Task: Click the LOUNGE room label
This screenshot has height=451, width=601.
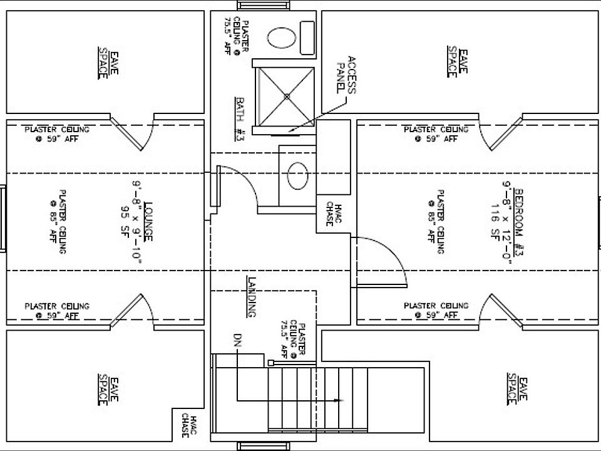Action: pyautogui.click(x=149, y=222)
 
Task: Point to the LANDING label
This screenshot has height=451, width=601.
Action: pyautogui.click(x=252, y=296)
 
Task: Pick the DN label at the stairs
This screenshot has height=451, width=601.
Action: pyautogui.click(x=237, y=342)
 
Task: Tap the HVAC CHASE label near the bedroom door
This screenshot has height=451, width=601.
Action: pyautogui.click(x=334, y=214)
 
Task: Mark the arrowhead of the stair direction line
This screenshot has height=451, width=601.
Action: pyautogui.click(x=341, y=400)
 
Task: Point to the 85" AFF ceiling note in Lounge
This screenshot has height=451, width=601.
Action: pyautogui.click(x=58, y=222)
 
